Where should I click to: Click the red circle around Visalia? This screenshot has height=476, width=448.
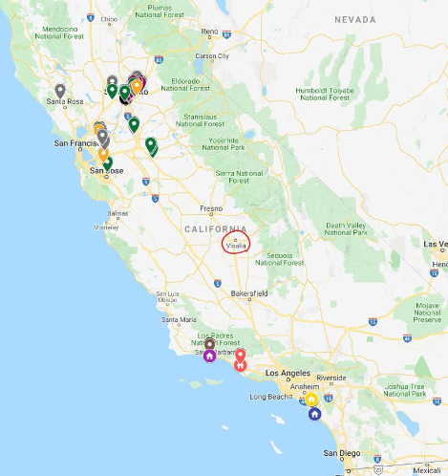(236, 242)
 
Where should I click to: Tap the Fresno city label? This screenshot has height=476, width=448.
(211, 208)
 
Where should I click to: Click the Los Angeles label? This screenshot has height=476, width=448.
(284, 373)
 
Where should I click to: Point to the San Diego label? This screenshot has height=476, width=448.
(341, 452)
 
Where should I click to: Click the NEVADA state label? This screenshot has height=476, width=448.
(355, 19)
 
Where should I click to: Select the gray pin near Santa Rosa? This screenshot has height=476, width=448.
(60, 92)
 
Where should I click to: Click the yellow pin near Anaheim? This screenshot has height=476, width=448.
(311, 400)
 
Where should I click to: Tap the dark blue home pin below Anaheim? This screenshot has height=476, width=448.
(314, 414)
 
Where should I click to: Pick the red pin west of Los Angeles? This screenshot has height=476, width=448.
(241, 359)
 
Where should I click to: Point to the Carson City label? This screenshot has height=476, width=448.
(212, 55)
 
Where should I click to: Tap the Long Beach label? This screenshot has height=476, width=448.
(270, 396)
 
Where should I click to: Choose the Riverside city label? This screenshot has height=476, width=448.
(332, 378)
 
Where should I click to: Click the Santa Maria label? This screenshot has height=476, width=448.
(179, 319)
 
